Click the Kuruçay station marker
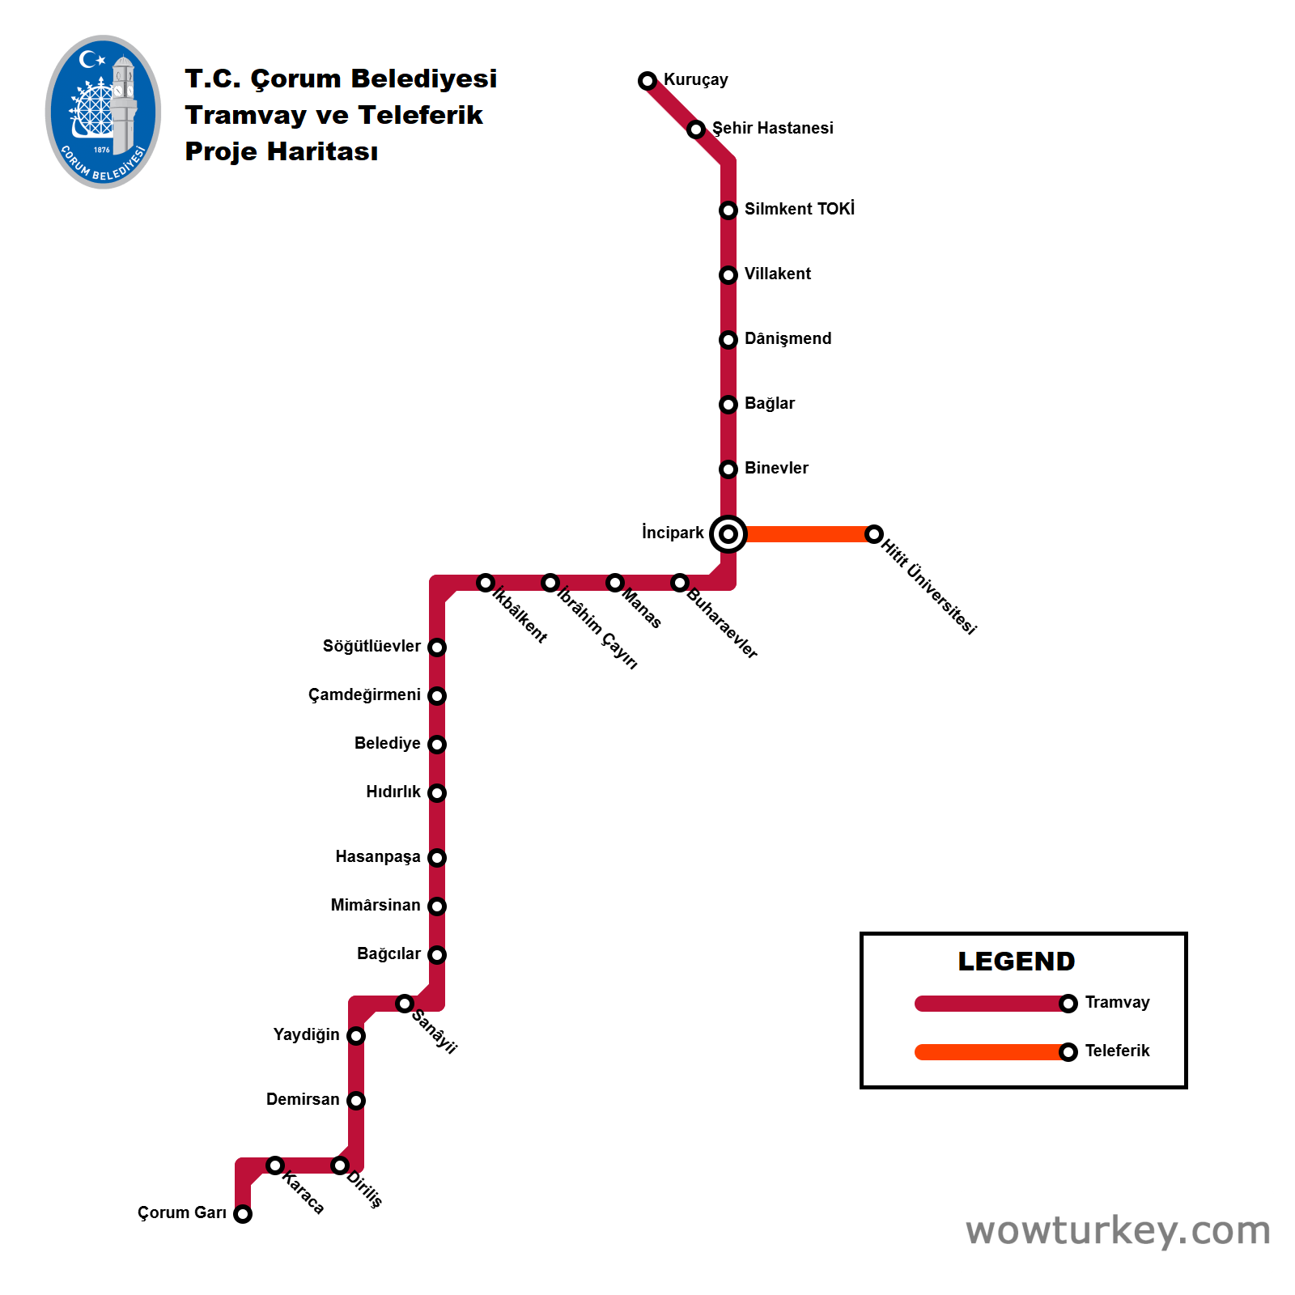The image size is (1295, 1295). tap(647, 81)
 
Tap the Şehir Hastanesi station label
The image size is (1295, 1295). tap(772, 128)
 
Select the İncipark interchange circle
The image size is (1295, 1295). tap(728, 534)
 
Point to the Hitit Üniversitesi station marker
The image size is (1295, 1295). tap(874, 534)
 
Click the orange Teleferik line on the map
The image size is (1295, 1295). tap(809, 534)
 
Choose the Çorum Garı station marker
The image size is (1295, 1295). tap(243, 1214)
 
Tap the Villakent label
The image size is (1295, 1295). tap(777, 274)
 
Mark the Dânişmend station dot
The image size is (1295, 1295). tap(728, 340)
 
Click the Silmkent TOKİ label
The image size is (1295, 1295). tap(799, 209)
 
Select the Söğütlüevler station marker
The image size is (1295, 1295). tap(437, 647)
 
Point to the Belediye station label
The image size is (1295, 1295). tap(387, 743)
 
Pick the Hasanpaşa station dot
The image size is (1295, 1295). tap(437, 858)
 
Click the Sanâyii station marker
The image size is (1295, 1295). tap(405, 1004)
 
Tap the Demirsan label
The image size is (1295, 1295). tap(303, 1099)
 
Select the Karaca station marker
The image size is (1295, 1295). tap(275, 1165)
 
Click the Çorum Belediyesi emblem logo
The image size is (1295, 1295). tap(103, 112)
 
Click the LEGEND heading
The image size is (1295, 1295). tap(1017, 962)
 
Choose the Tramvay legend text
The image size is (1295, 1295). tap(1117, 1002)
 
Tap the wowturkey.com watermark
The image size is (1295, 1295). tap(1118, 1230)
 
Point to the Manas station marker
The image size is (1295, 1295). tap(615, 583)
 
